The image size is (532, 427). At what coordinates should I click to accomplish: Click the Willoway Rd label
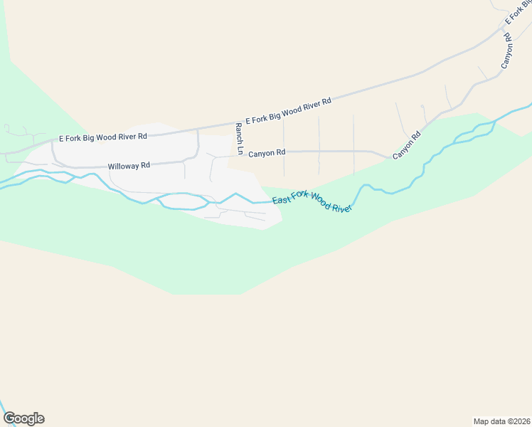click(129, 166)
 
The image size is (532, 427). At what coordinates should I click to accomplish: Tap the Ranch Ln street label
click(240, 138)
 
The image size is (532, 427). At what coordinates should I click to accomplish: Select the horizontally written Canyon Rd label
click(267, 152)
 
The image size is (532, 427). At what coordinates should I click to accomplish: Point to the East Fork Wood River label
click(313, 202)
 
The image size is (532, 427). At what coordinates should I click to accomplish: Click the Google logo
click(23, 418)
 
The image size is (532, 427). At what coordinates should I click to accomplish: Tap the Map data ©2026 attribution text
click(501, 421)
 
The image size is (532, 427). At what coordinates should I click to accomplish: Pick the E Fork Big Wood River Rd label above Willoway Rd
click(102, 136)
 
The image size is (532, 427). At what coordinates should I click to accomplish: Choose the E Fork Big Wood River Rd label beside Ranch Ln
click(288, 112)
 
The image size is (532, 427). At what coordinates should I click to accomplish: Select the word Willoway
click(123, 166)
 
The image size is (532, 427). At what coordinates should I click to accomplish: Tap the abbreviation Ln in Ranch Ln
click(240, 150)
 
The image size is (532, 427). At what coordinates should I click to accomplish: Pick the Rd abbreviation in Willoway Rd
click(145, 166)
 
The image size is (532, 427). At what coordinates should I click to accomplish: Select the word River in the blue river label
click(343, 206)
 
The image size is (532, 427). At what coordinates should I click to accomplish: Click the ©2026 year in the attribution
click(516, 421)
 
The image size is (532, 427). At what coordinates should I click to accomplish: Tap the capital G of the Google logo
click(9, 418)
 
